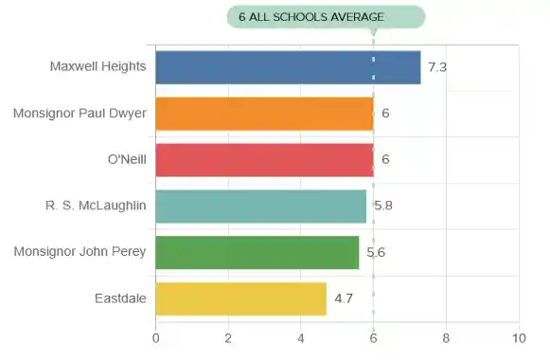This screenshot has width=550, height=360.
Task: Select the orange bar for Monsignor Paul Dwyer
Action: [264, 114]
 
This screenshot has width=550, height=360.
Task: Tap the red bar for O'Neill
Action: [264, 159]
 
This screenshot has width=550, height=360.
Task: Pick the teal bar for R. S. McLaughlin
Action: [260, 206]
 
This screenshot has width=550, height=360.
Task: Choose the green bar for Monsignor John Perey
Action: [257, 252]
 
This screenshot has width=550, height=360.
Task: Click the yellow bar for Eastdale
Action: [240, 298]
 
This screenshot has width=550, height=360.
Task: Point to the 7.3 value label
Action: [437, 67]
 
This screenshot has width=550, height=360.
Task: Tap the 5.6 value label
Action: [377, 252]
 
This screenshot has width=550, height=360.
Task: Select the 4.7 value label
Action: [344, 298]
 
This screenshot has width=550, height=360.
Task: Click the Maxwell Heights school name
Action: [98, 67]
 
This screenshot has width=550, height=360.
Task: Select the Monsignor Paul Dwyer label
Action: [80, 114]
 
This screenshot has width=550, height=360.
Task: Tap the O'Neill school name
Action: [128, 159]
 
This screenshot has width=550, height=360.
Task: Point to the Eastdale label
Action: [120, 298]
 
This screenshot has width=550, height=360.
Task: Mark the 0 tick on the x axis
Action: [155, 337]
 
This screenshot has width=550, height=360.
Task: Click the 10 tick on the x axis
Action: [518, 337]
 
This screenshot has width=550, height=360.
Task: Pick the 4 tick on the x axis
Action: [301, 337]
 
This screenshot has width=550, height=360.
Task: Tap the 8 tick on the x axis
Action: [446, 337]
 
